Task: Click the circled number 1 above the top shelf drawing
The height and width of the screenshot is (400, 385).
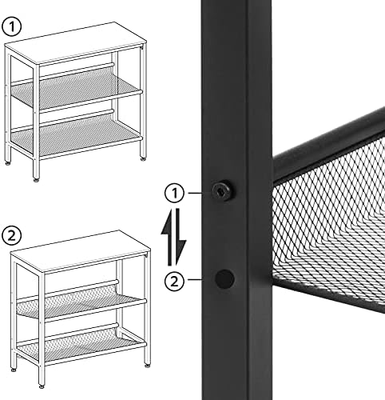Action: click(11, 27)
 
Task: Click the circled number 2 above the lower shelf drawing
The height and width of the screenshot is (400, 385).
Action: click(11, 235)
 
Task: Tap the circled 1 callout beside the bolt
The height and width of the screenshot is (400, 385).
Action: click(174, 193)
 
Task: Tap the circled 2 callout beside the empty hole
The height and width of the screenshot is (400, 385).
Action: click(174, 281)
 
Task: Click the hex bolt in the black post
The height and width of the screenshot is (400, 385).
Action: click(222, 190)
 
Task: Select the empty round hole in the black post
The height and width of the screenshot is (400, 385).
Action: click(224, 279)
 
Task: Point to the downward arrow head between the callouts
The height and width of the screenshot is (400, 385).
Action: click(181, 248)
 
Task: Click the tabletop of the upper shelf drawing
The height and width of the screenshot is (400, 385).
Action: click(76, 42)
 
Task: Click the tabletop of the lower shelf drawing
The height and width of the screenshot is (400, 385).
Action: click(81, 250)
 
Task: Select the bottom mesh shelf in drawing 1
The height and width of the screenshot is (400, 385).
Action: click(76, 134)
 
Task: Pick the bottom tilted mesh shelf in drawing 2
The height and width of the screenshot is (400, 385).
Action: click(80, 345)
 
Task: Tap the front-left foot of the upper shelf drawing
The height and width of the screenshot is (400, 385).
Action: click(36, 180)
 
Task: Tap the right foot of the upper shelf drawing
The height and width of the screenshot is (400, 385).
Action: click(143, 159)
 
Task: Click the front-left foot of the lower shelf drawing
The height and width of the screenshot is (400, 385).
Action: click(42, 386)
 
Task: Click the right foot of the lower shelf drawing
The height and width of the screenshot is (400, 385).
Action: click(148, 366)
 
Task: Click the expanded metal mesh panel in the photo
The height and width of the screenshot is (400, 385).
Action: click(330, 226)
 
